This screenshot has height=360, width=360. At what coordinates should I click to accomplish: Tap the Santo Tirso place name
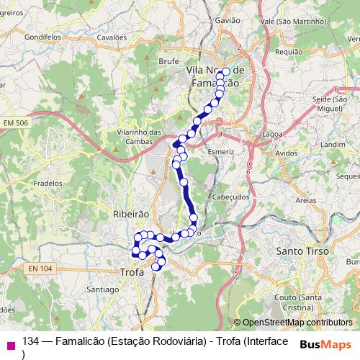click(302, 252)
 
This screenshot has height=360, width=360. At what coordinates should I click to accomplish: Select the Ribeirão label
click(130, 215)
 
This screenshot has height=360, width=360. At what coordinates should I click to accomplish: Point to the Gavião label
click(227, 21)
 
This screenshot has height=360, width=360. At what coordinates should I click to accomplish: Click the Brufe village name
click(168, 62)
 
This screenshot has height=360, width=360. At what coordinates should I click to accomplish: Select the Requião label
click(289, 52)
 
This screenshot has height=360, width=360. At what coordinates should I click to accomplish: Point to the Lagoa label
click(273, 134)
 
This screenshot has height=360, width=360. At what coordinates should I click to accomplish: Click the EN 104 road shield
click(42, 269)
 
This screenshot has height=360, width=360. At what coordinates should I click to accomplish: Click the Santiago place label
click(102, 289)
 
